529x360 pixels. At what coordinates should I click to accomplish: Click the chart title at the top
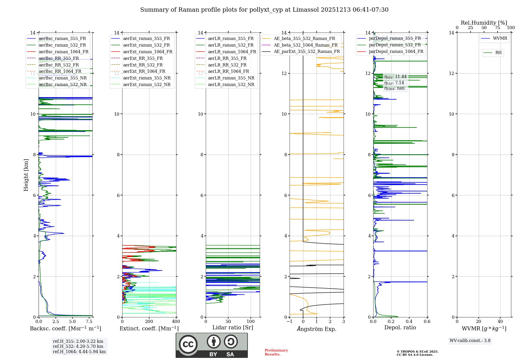[264, 10]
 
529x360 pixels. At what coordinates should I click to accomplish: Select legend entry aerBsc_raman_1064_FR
[63, 52]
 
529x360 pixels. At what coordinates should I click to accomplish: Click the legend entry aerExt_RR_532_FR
[143, 65]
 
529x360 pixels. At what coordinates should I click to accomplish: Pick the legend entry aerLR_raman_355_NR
[231, 78]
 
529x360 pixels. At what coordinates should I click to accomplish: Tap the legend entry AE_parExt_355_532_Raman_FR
[307, 52]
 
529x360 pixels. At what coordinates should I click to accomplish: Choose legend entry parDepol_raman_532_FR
[395, 45]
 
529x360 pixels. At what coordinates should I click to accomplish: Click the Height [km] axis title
[26, 175]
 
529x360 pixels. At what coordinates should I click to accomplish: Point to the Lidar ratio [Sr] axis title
[233, 328]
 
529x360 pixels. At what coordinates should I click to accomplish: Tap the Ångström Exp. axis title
[317, 329]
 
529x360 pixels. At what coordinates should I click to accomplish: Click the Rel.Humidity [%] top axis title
[484, 23]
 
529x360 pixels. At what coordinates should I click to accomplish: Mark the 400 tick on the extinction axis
[176, 322]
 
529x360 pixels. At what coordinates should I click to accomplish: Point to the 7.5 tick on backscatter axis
[89, 322]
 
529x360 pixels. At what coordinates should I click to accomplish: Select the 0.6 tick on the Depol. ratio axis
[427, 322]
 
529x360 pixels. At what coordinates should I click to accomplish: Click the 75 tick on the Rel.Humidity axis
[498, 28]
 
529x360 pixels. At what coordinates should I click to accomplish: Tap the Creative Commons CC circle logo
[188, 344]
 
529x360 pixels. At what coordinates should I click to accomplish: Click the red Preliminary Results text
[276, 352]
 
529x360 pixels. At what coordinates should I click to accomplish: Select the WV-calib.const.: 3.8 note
[470, 341]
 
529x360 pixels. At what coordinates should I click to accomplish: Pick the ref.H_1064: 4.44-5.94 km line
[79, 352]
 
